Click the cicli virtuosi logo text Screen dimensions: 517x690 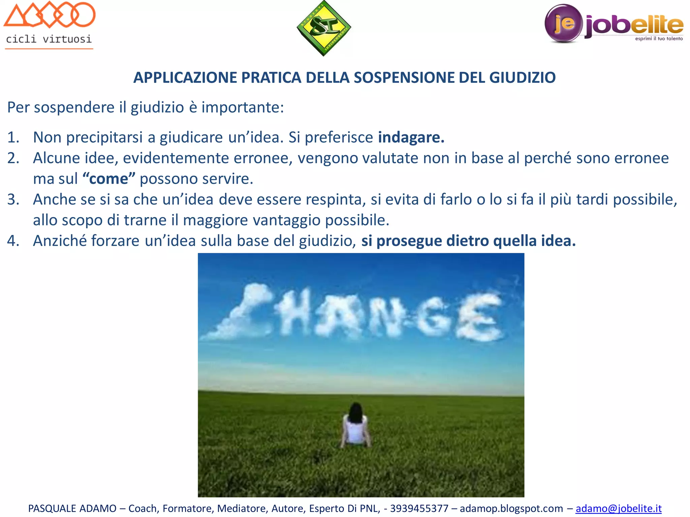49,39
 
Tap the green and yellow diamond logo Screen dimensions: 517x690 323,28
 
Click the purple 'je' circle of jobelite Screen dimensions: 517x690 563,23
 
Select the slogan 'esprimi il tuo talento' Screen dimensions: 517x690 659,39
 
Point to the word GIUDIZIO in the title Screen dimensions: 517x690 522,78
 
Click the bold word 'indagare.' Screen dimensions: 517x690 411,137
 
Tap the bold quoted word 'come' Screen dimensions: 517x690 109,179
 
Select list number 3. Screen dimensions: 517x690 13,200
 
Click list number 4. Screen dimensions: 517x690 13,241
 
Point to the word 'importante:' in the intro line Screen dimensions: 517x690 243,108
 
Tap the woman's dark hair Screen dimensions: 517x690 355,412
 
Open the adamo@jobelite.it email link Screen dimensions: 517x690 618,508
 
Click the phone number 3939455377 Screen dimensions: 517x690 419,508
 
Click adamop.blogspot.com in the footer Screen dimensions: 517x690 511,508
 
